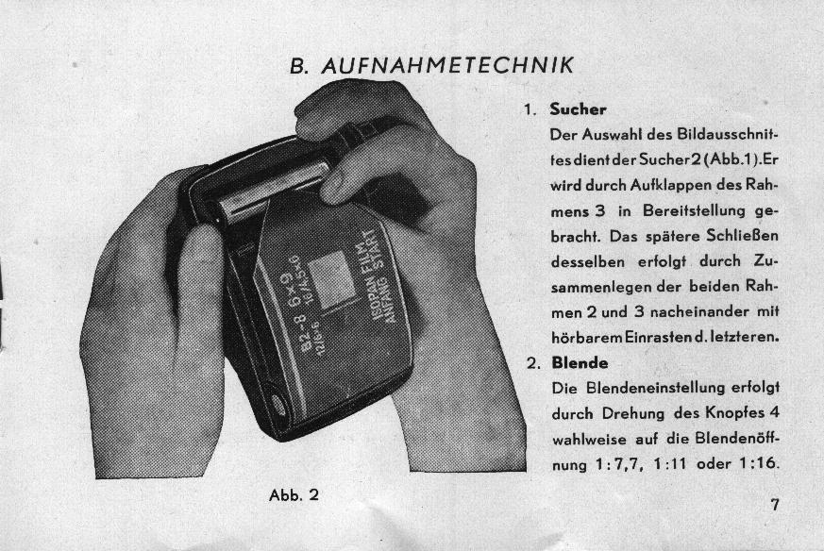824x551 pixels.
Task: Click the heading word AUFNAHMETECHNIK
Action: [x=447, y=66]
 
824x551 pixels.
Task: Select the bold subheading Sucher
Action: [x=578, y=109]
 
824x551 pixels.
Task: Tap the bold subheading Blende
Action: [x=580, y=363]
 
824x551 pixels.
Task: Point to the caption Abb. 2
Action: [x=294, y=495]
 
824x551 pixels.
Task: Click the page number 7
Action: [x=775, y=504]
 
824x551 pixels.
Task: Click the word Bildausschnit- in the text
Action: [x=727, y=135]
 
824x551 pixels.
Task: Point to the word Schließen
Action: [x=742, y=235]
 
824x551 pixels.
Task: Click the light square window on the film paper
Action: [x=329, y=280]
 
